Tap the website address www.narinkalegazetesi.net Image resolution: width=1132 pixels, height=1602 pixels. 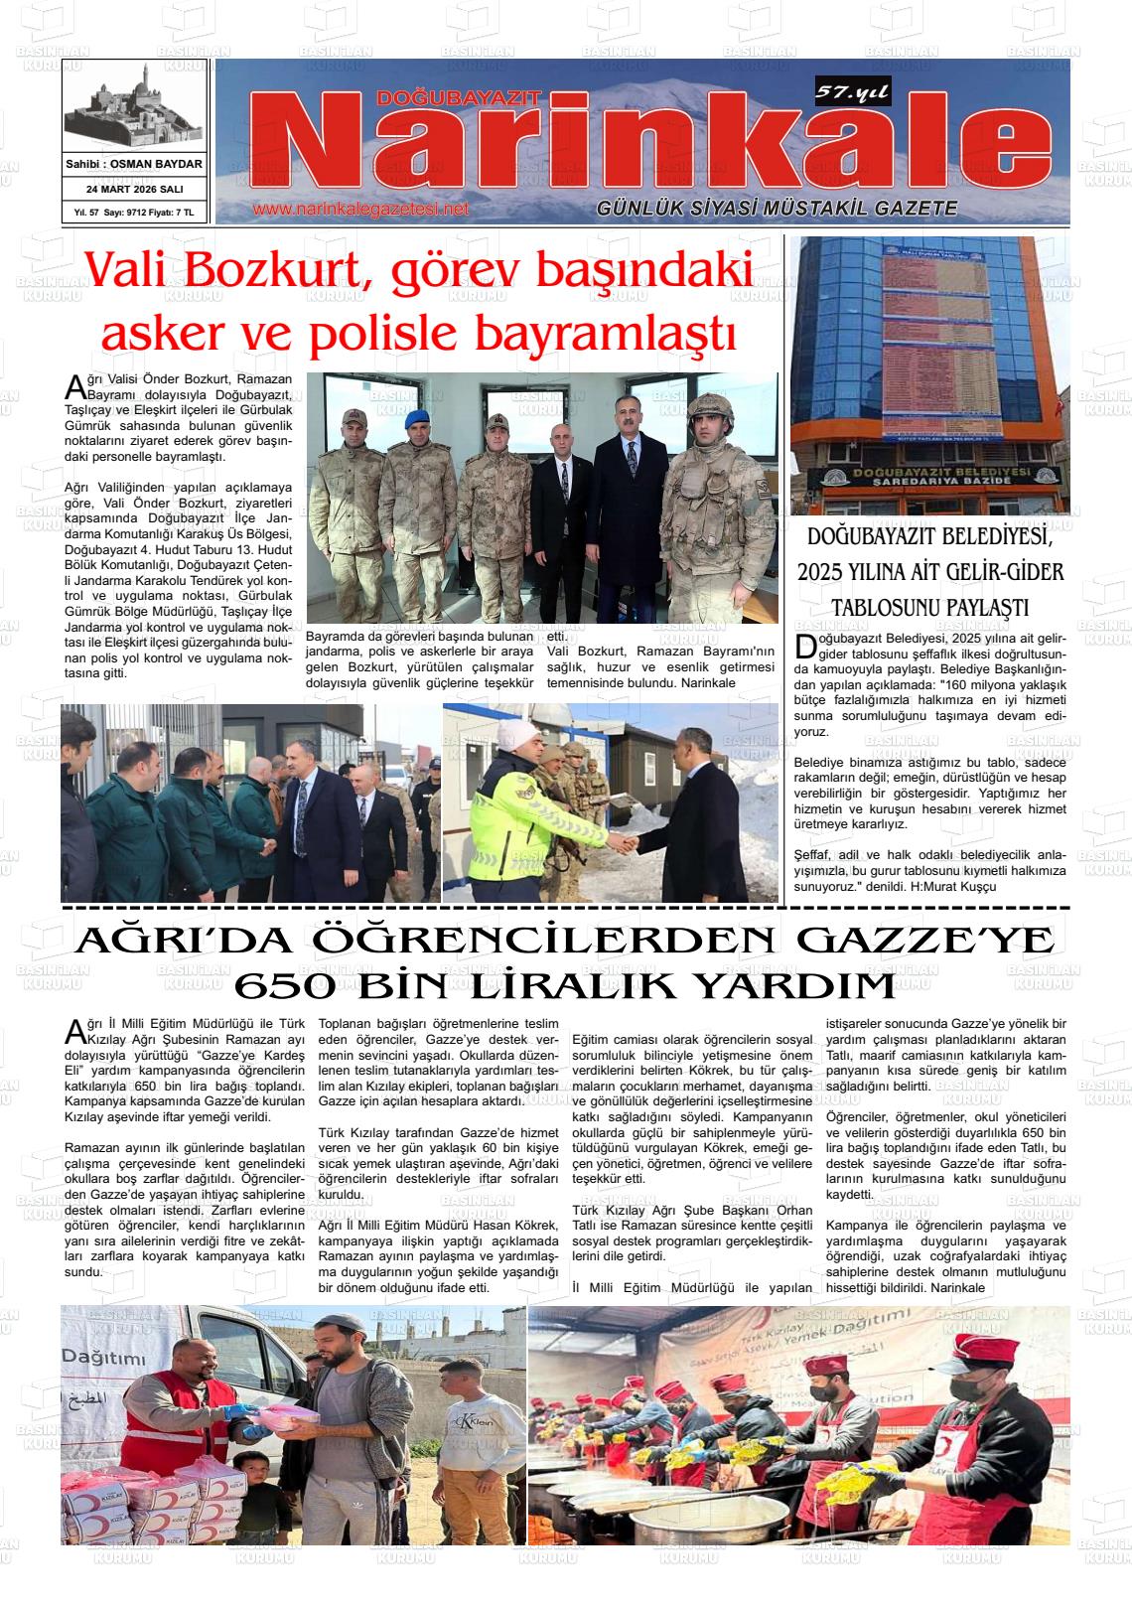point(360,210)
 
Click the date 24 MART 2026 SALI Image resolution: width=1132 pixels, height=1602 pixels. point(134,189)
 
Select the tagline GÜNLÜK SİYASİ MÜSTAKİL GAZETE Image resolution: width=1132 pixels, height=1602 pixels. point(777,209)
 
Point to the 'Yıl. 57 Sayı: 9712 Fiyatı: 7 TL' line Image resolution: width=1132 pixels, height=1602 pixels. point(134,213)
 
